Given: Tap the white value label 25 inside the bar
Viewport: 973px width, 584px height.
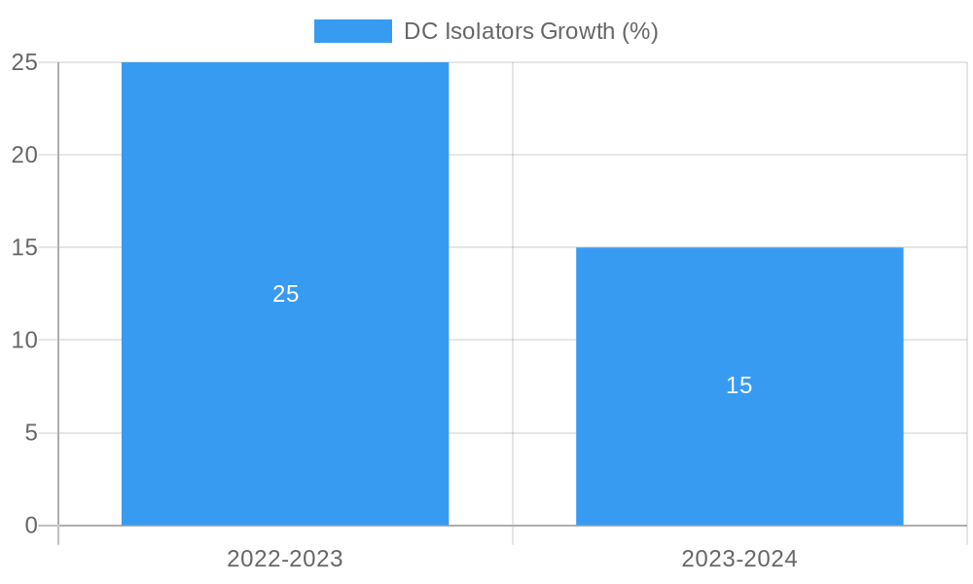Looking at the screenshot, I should click(x=285, y=294).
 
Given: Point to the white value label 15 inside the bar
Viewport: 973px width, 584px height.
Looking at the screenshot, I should click(x=739, y=385).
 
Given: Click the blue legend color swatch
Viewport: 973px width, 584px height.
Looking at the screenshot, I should click(x=352, y=31).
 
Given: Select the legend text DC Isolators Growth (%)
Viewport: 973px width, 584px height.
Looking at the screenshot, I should click(x=531, y=31).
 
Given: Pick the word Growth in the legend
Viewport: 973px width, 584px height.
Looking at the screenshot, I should click(x=577, y=31).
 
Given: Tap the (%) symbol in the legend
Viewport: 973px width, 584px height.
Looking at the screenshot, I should click(x=640, y=31).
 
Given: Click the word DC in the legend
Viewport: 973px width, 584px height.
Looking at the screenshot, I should click(x=420, y=31).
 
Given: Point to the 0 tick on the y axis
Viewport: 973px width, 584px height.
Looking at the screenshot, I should click(x=30, y=526).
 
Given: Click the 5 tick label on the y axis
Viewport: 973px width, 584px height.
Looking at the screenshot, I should click(x=30, y=433).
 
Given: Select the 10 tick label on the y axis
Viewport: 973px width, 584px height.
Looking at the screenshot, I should click(x=24, y=341).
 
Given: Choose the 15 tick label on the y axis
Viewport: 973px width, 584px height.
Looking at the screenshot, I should click(x=24, y=247).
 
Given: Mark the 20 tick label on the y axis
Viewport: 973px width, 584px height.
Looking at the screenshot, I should click(x=24, y=155).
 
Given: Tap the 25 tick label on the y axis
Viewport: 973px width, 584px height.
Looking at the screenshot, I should click(x=24, y=62).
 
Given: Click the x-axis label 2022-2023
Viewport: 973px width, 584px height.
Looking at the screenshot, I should click(x=285, y=559).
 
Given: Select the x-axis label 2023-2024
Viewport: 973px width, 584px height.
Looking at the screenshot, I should click(x=739, y=559).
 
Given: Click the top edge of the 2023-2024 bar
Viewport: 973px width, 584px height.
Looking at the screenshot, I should click(x=739, y=248).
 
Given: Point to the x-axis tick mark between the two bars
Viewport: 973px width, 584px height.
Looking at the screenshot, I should click(x=513, y=535).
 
